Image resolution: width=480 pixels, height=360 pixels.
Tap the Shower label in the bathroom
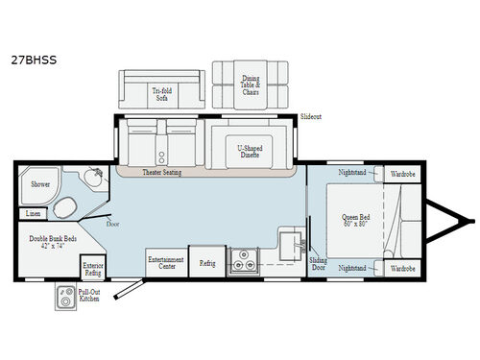(39, 183)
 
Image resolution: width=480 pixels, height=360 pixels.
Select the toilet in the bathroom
(66, 208)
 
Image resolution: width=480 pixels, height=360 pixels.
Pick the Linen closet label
(34, 213)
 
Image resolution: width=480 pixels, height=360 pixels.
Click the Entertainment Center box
(165, 263)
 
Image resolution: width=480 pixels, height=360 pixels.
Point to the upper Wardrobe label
(400, 175)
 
